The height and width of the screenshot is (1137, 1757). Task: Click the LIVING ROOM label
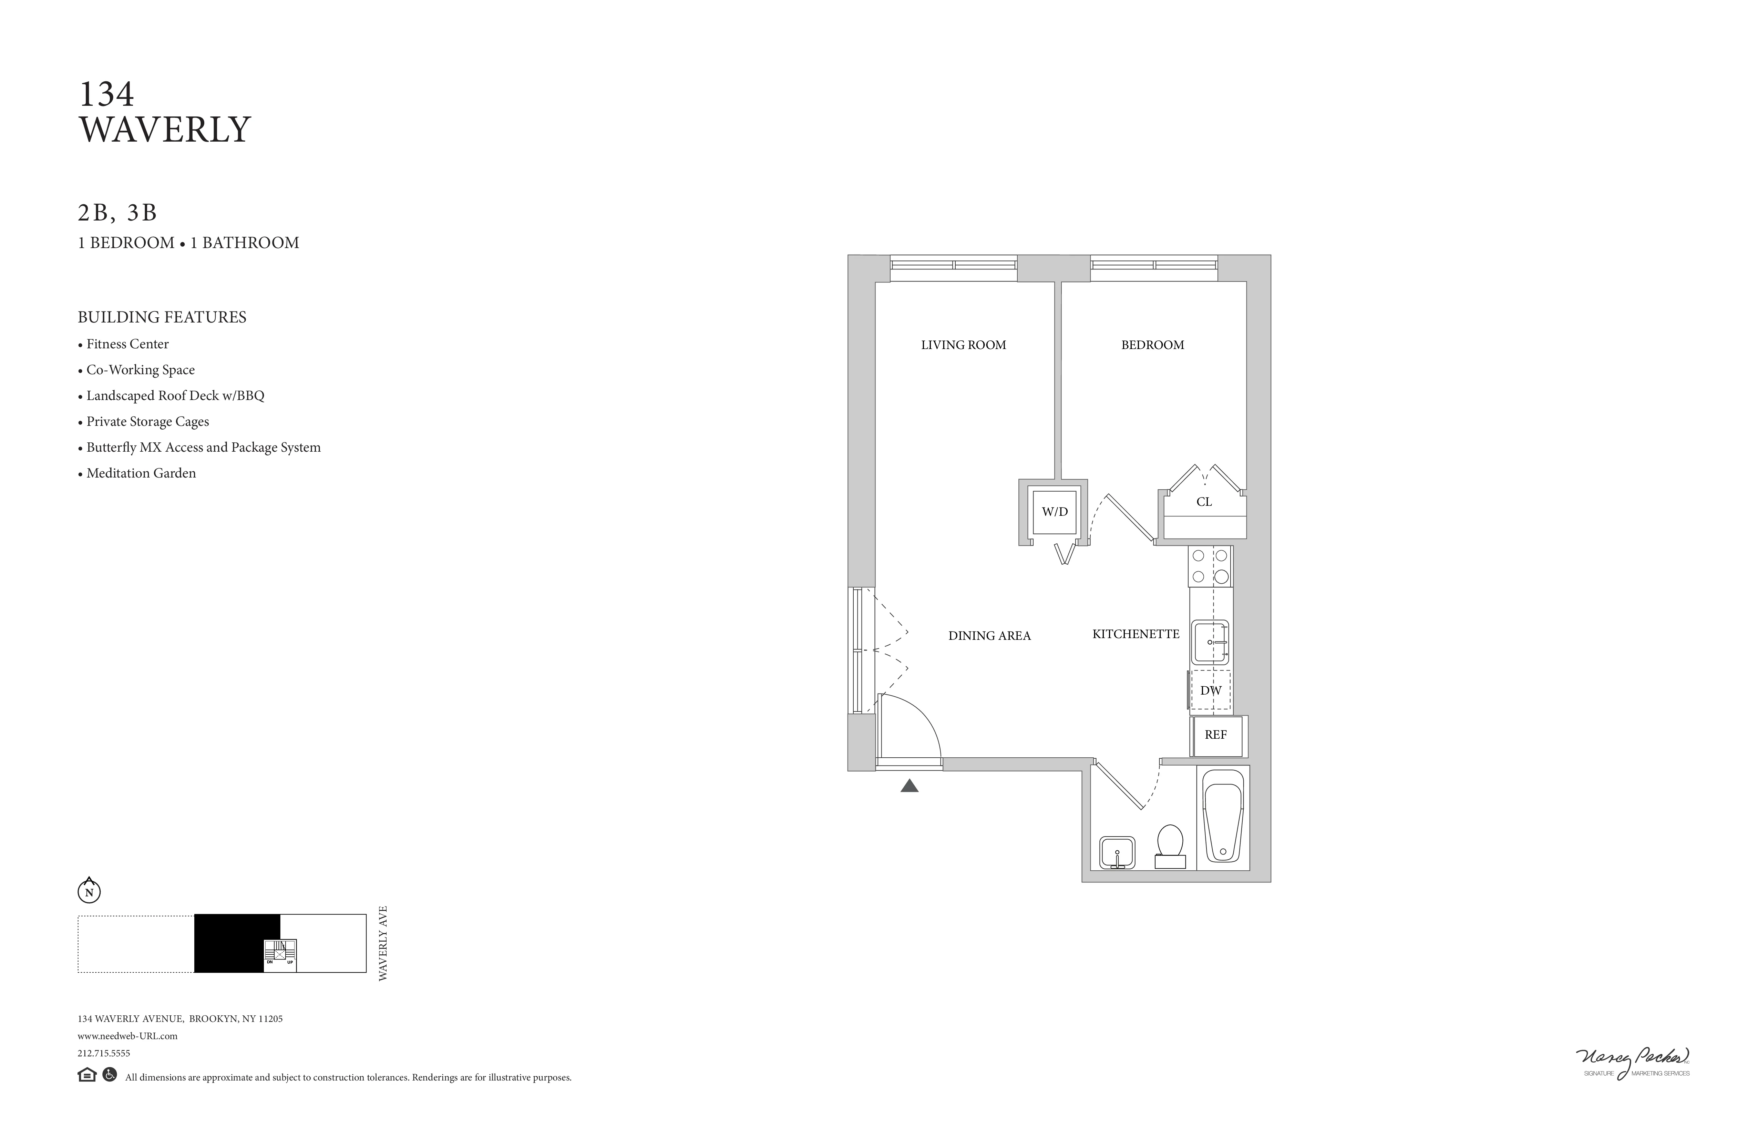(963, 345)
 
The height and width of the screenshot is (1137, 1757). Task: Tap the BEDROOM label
(1152, 345)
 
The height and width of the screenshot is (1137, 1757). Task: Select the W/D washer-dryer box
(1055, 512)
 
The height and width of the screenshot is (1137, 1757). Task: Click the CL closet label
(1204, 502)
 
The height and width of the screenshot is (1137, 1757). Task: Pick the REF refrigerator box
(1216, 735)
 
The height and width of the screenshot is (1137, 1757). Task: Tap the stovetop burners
(1210, 566)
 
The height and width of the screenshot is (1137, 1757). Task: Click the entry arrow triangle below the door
(910, 786)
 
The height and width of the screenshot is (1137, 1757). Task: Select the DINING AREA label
(989, 636)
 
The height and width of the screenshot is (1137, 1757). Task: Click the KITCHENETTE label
(1136, 634)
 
